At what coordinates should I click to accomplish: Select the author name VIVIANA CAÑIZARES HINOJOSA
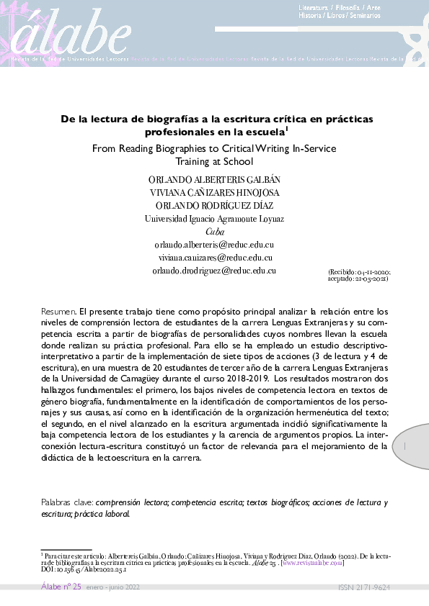pyautogui.click(x=214, y=193)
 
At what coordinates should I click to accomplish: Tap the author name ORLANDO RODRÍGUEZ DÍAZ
pyautogui.click(x=214, y=206)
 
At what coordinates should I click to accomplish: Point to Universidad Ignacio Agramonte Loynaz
pyautogui.click(x=214, y=219)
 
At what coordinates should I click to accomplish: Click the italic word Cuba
pyautogui.click(x=214, y=232)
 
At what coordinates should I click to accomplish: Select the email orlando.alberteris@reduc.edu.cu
pyautogui.click(x=214, y=245)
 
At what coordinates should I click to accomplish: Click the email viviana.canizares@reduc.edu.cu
pyautogui.click(x=214, y=257)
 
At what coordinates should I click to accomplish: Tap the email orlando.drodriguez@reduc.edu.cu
pyautogui.click(x=214, y=270)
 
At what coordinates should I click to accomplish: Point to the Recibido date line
pyautogui.click(x=358, y=273)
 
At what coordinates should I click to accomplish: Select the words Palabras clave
pyautogui.click(x=66, y=502)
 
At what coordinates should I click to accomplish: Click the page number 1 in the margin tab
pyautogui.click(x=406, y=447)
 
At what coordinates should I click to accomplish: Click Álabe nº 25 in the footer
pyautogui.click(x=61, y=588)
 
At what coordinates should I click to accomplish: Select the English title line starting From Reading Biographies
pyautogui.click(x=214, y=149)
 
